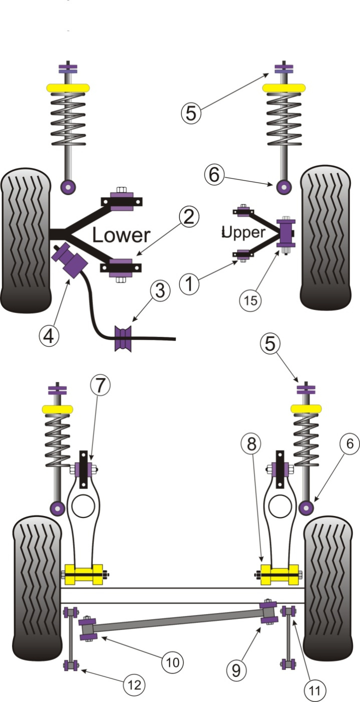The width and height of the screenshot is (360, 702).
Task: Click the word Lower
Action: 120,235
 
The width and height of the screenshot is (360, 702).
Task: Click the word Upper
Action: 243,232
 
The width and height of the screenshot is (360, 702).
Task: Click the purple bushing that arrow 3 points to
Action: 122,338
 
